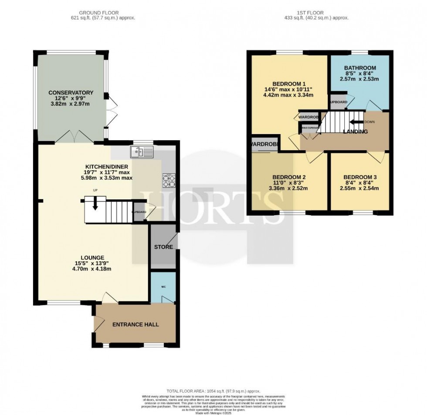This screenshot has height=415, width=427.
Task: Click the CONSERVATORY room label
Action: click(71, 92)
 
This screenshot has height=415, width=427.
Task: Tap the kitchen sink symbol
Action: click(142, 152)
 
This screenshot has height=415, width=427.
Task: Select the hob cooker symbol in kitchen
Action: click(168, 180)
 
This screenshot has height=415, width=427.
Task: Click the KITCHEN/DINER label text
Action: click(102, 166)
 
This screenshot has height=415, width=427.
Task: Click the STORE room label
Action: click(163, 247)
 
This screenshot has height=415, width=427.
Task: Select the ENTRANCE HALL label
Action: click(136, 324)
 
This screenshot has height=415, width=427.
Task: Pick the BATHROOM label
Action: click(360, 68)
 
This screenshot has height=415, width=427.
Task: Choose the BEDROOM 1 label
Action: click(288, 84)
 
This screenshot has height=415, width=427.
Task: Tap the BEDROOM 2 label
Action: click(288, 177)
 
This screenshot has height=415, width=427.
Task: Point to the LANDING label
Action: click(355, 132)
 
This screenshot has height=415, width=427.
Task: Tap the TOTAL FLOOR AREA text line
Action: click(213, 390)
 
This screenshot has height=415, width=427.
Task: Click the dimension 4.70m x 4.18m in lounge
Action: click(92, 269)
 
